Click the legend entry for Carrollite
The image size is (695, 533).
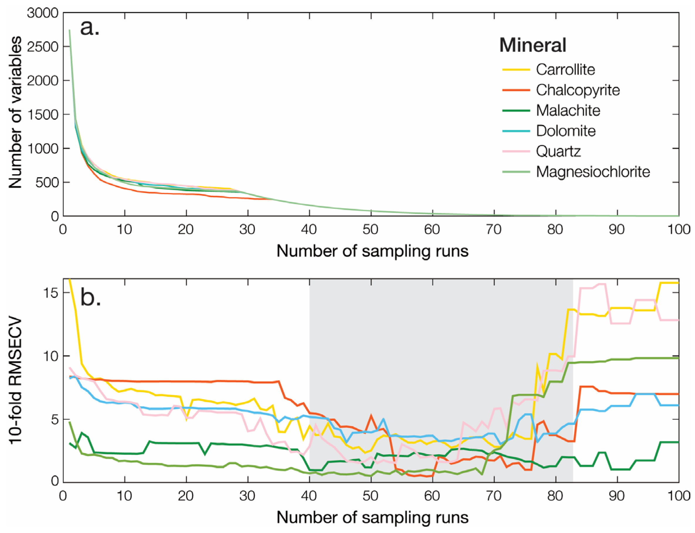[565, 70]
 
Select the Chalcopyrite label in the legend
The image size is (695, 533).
[578, 90]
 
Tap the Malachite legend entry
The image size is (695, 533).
[568, 110]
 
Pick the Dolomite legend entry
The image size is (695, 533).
[566, 131]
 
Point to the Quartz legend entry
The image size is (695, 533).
[558, 151]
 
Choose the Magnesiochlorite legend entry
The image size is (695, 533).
[593, 172]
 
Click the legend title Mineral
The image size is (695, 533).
[532, 45]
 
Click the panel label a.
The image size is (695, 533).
[89, 28]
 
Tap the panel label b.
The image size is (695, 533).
[90, 297]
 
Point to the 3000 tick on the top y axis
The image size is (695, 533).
[43, 13]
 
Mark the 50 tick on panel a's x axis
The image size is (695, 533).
[370, 229]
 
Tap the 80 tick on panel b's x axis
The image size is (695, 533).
[555, 495]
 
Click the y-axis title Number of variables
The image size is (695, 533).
[15, 112]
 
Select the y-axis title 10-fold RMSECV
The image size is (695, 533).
[15, 380]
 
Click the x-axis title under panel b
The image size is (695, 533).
[372, 517]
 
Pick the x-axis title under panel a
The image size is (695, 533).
[372, 251]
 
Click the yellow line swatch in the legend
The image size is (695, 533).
[516, 70]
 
